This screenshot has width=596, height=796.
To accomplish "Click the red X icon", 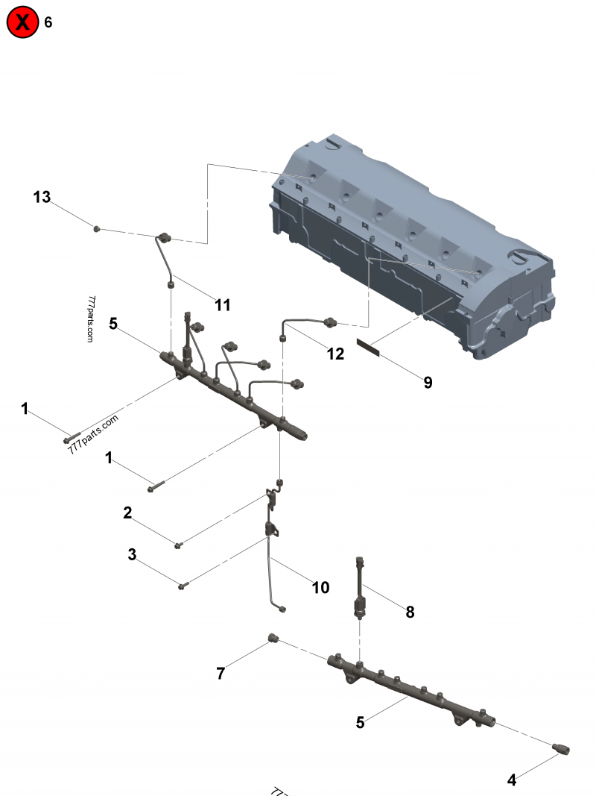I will pyautogui.click(x=23, y=22).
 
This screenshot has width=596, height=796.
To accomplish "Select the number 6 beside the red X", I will pyautogui.click(x=48, y=22).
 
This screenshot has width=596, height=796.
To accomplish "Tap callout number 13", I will pyautogui.click(x=42, y=197).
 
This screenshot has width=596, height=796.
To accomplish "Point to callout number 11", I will pyautogui.click(x=222, y=304).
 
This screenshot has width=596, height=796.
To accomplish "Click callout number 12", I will pyautogui.click(x=336, y=354).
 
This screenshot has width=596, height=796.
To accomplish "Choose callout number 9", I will pyautogui.click(x=428, y=383).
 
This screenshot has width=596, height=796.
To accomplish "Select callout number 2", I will pyautogui.click(x=128, y=513).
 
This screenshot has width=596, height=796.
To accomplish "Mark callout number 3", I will pyautogui.click(x=133, y=554).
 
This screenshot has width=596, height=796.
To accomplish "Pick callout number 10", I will pyautogui.click(x=320, y=588).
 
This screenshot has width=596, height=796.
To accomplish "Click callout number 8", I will pyautogui.click(x=410, y=612).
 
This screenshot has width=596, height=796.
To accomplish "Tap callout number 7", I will pyautogui.click(x=221, y=673).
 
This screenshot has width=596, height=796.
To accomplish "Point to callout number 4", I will pyautogui.click(x=512, y=780).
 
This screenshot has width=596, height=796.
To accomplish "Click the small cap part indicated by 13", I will pyautogui.click(x=97, y=228).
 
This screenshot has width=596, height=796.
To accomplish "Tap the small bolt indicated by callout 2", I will pyautogui.click(x=178, y=545).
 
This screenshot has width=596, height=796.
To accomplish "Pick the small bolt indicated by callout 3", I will pyautogui.click(x=183, y=586).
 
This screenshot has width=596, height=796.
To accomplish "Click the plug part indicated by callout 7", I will pyautogui.click(x=273, y=638).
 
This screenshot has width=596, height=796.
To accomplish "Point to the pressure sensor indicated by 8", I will pyautogui.click(x=360, y=589).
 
